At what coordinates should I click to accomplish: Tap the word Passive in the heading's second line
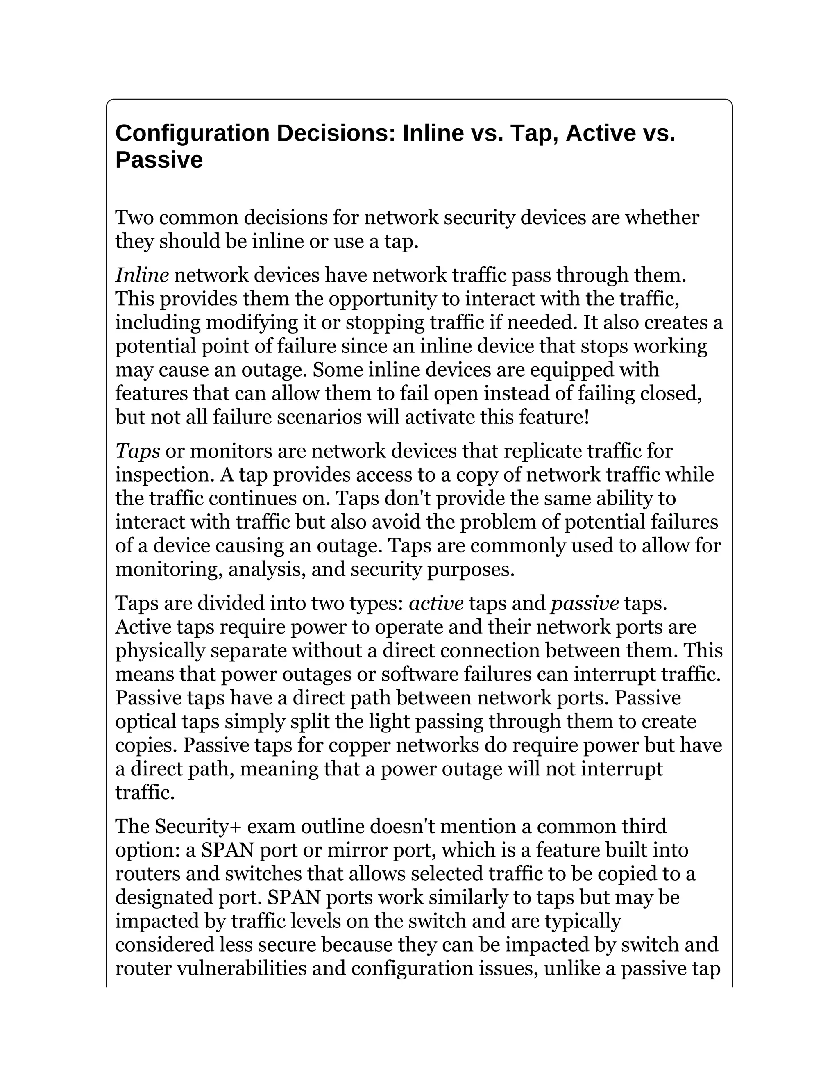(x=159, y=160)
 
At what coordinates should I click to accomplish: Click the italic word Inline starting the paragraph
(x=142, y=275)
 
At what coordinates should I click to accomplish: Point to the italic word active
(x=436, y=603)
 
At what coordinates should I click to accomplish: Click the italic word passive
(x=585, y=603)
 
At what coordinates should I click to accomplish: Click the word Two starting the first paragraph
(x=134, y=217)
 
